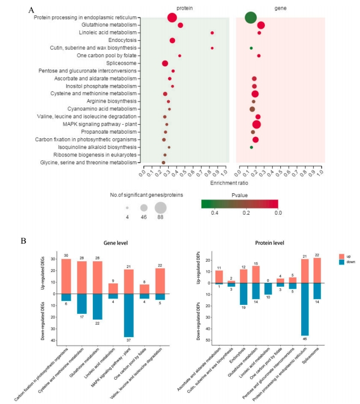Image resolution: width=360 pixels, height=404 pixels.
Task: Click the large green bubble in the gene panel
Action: pyautogui.click(x=251, y=18)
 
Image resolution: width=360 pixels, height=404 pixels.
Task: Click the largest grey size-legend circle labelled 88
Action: pyautogui.click(x=160, y=207)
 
